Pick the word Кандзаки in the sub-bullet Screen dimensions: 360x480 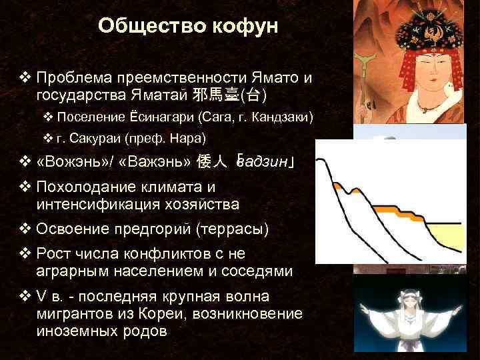click(283, 117)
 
